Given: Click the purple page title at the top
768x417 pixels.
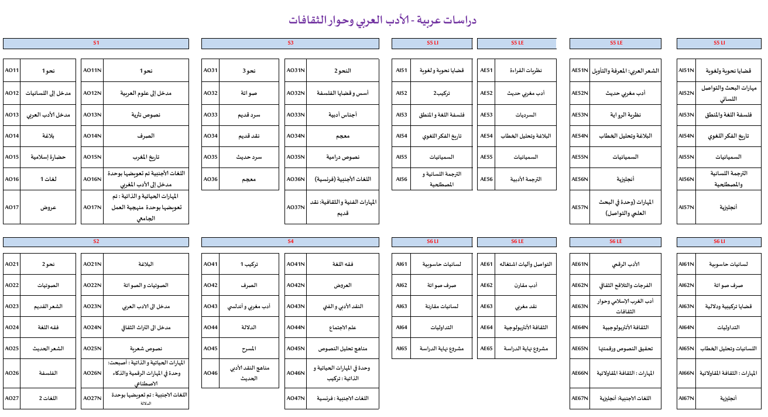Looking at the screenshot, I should pyautogui.click(x=383, y=20).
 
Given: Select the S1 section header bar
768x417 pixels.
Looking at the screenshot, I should pyautogui.click(x=96, y=43).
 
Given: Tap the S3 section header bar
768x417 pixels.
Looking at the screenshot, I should pyautogui.click(x=290, y=43).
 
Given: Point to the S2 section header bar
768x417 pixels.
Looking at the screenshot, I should pyautogui.click(x=96, y=242).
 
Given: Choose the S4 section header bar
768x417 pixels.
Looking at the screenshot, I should pyautogui.click(x=290, y=242).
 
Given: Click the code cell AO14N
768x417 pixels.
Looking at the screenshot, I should pyautogui.click(x=92, y=136).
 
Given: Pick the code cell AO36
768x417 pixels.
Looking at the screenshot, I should pyautogui.click(x=211, y=179).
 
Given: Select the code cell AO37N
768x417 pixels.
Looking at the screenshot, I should pyautogui.click(x=296, y=207).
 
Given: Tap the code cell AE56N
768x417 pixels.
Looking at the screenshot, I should pyautogui.click(x=580, y=180).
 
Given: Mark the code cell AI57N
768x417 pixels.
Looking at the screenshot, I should pyautogui.click(x=686, y=207).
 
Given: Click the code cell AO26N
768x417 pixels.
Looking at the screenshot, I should pyautogui.click(x=92, y=372).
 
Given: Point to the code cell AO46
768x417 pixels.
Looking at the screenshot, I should pyautogui.click(x=211, y=372).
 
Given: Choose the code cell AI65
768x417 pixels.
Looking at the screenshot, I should pyautogui.click(x=401, y=348).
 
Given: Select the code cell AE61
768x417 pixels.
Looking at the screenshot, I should pyautogui.click(x=486, y=264).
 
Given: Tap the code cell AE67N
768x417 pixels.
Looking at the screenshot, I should pyautogui.click(x=580, y=398).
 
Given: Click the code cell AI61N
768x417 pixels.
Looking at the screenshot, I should pyautogui.click(x=686, y=264).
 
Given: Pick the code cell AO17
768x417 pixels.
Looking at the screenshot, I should pyautogui.click(x=12, y=207).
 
